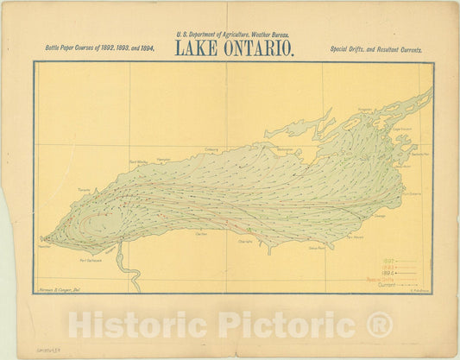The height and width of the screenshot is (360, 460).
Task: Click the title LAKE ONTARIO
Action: click(x=235, y=48)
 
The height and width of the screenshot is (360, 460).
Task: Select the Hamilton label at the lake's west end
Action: click(x=44, y=245)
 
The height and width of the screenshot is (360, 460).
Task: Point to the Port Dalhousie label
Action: click(x=91, y=260)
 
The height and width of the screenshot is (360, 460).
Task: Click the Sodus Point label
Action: click(x=317, y=248)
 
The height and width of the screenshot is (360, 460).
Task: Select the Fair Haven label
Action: click(x=354, y=237)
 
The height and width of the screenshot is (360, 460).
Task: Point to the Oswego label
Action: click(x=380, y=217)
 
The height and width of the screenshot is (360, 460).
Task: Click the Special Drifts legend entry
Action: click(x=391, y=280)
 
